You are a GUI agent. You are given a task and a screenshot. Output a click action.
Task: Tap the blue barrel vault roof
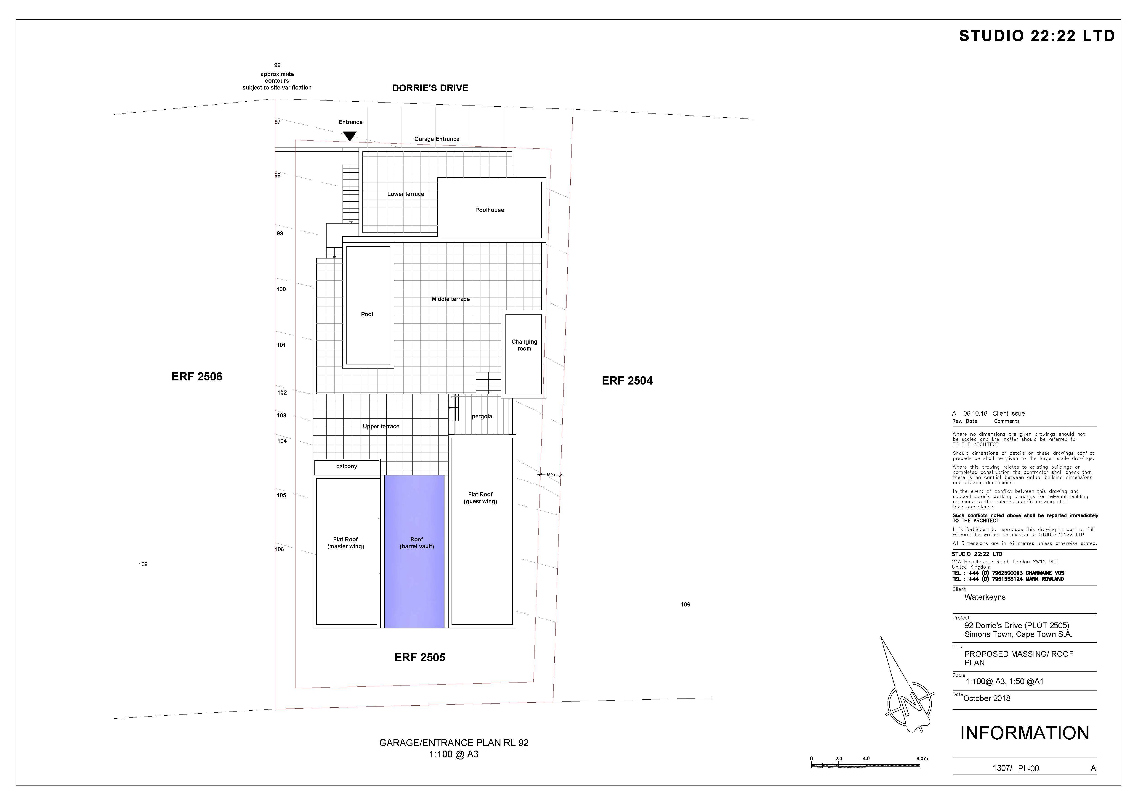click(414, 551)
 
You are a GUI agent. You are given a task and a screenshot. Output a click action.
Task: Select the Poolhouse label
click(490, 210)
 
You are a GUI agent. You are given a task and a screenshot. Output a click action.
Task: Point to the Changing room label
click(524, 345)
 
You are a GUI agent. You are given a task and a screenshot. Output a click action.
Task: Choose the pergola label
click(482, 416)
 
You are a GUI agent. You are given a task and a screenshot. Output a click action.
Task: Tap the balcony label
click(346, 467)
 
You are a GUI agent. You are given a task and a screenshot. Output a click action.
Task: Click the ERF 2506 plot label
click(197, 377)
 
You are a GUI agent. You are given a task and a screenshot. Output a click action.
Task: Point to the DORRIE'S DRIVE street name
click(430, 88)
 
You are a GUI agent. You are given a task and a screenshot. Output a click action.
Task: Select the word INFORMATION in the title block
click(1024, 733)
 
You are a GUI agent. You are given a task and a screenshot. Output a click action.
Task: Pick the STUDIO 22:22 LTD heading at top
click(1037, 36)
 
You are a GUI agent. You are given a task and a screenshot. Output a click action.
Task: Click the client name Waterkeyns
click(985, 597)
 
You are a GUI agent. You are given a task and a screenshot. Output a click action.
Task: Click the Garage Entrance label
click(437, 139)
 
